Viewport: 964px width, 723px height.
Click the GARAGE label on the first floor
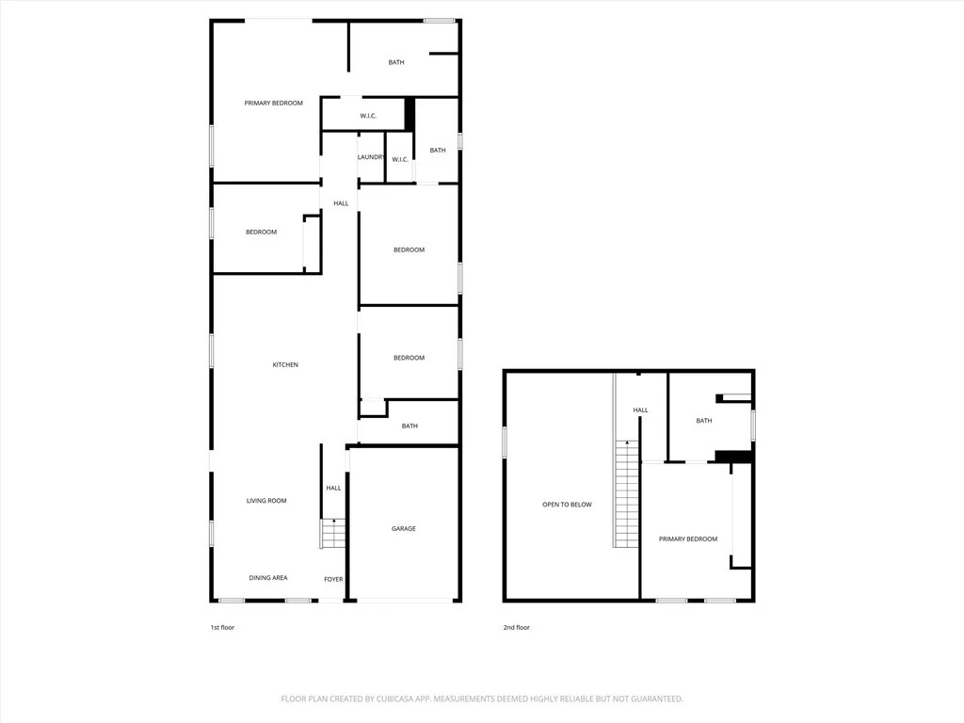(x=403, y=529)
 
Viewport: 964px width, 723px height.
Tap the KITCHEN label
(x=285, y=365)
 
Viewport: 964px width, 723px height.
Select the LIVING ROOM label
(x=266, y=501)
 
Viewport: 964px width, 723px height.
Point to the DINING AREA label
(x=268, y=578)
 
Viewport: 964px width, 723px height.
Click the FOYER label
(x=334, y=579)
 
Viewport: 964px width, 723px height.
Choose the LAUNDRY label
(x=371, y=157)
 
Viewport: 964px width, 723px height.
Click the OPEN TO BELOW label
(x=567, y=505)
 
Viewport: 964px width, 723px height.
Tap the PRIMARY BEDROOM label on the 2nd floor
(x=688, y=539)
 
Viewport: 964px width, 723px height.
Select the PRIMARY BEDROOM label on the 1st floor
(x=274, y=104)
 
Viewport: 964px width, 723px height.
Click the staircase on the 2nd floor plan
(x=626, y=493)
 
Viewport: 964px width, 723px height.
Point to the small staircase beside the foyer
(x=333, y=534)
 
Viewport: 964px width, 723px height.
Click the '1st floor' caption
(x=222, y=628)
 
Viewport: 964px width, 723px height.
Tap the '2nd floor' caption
(x=517, y=628)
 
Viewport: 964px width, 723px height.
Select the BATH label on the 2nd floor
(x=704, y=421)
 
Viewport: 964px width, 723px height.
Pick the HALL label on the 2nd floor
(x=640, y=410)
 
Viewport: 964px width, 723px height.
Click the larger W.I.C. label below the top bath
(x=368, y=116)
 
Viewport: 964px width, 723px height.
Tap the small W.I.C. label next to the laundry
(x=400, y=160)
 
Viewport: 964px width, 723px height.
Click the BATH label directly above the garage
(x=410, y=426)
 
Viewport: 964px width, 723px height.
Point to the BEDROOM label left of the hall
(x=262, y=233)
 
